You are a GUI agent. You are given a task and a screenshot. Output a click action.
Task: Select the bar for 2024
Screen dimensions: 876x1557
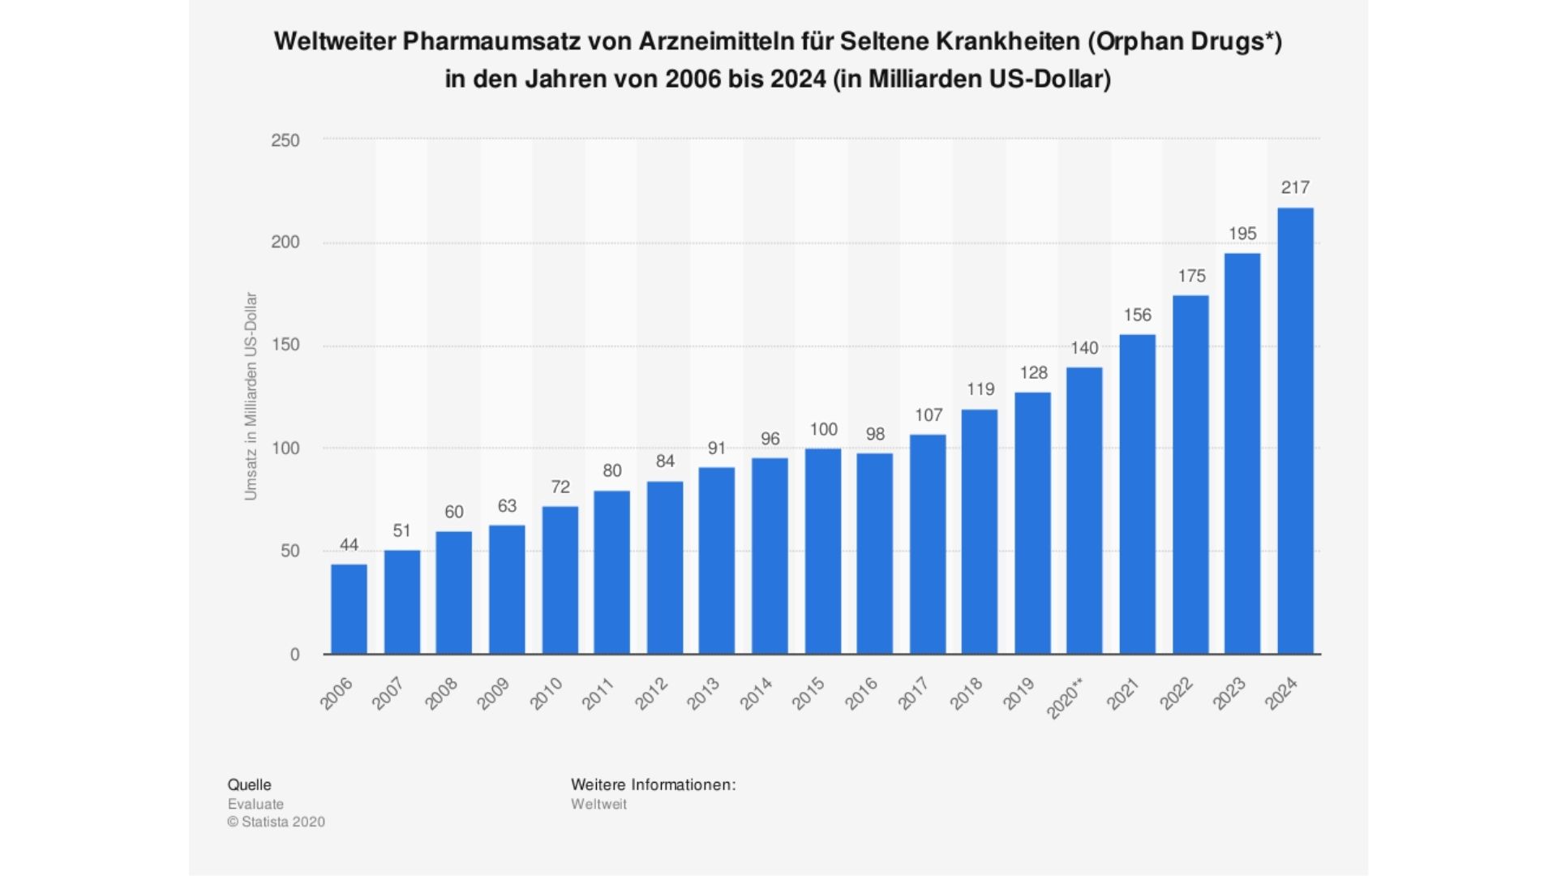pyautogui.click(x=1295, y=431)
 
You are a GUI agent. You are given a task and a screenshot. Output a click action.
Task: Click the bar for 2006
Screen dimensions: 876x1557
pyautogui.click(x=349, y=609)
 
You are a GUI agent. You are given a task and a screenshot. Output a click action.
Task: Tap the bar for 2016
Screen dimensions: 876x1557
pyautogui.click(x=874, y=553)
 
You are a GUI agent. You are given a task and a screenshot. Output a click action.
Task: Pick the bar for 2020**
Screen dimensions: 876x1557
pyautogui.click(x=1084, y=510)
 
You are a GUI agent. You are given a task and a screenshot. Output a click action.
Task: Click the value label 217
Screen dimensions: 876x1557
pyautogui.click(x=1295, y=187)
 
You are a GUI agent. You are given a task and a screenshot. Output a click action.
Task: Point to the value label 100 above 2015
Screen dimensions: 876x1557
pyautogui.click(x=823, y=429)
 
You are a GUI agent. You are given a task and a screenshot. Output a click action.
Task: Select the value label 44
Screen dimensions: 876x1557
pyautogui.click(x=349, y=544)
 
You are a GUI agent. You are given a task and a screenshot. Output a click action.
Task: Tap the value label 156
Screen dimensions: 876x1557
pyautogui.click(x=1137, y=315)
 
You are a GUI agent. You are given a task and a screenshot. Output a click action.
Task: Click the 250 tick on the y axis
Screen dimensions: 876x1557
pyautogui.click(x=285, y=140)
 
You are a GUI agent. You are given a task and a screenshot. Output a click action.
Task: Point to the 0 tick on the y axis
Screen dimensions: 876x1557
pyautogui.click(x=294, y=655)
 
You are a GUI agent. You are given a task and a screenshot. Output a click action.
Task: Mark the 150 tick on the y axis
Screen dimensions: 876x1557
pyautogui.click(x=285, y=345)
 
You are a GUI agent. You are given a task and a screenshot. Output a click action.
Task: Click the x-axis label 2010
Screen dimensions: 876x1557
pyautogui.click(x=546, y=694)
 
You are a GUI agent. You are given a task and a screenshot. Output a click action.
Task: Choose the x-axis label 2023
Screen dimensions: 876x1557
pyautogui.click(x=1229, y=694)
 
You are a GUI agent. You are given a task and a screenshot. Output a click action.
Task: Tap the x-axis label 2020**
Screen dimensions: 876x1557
pyautogui.click(x=1064, y=698)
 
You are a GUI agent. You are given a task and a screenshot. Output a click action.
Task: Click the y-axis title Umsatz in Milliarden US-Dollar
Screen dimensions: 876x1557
pyautogui.click(x=251, y=396)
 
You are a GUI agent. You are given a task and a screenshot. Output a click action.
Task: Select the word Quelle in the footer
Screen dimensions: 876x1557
pyautogui.click(x=249, y=784)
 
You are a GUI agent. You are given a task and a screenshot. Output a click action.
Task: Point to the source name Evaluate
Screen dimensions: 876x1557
pyautogui.click(x=255, y=804)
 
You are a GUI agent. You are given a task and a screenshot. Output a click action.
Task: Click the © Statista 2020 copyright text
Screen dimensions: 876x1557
pyautogui.click(x=276, y=822)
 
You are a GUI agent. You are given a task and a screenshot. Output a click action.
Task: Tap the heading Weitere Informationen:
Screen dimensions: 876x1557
pyautogui.click(x=653, y=784)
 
